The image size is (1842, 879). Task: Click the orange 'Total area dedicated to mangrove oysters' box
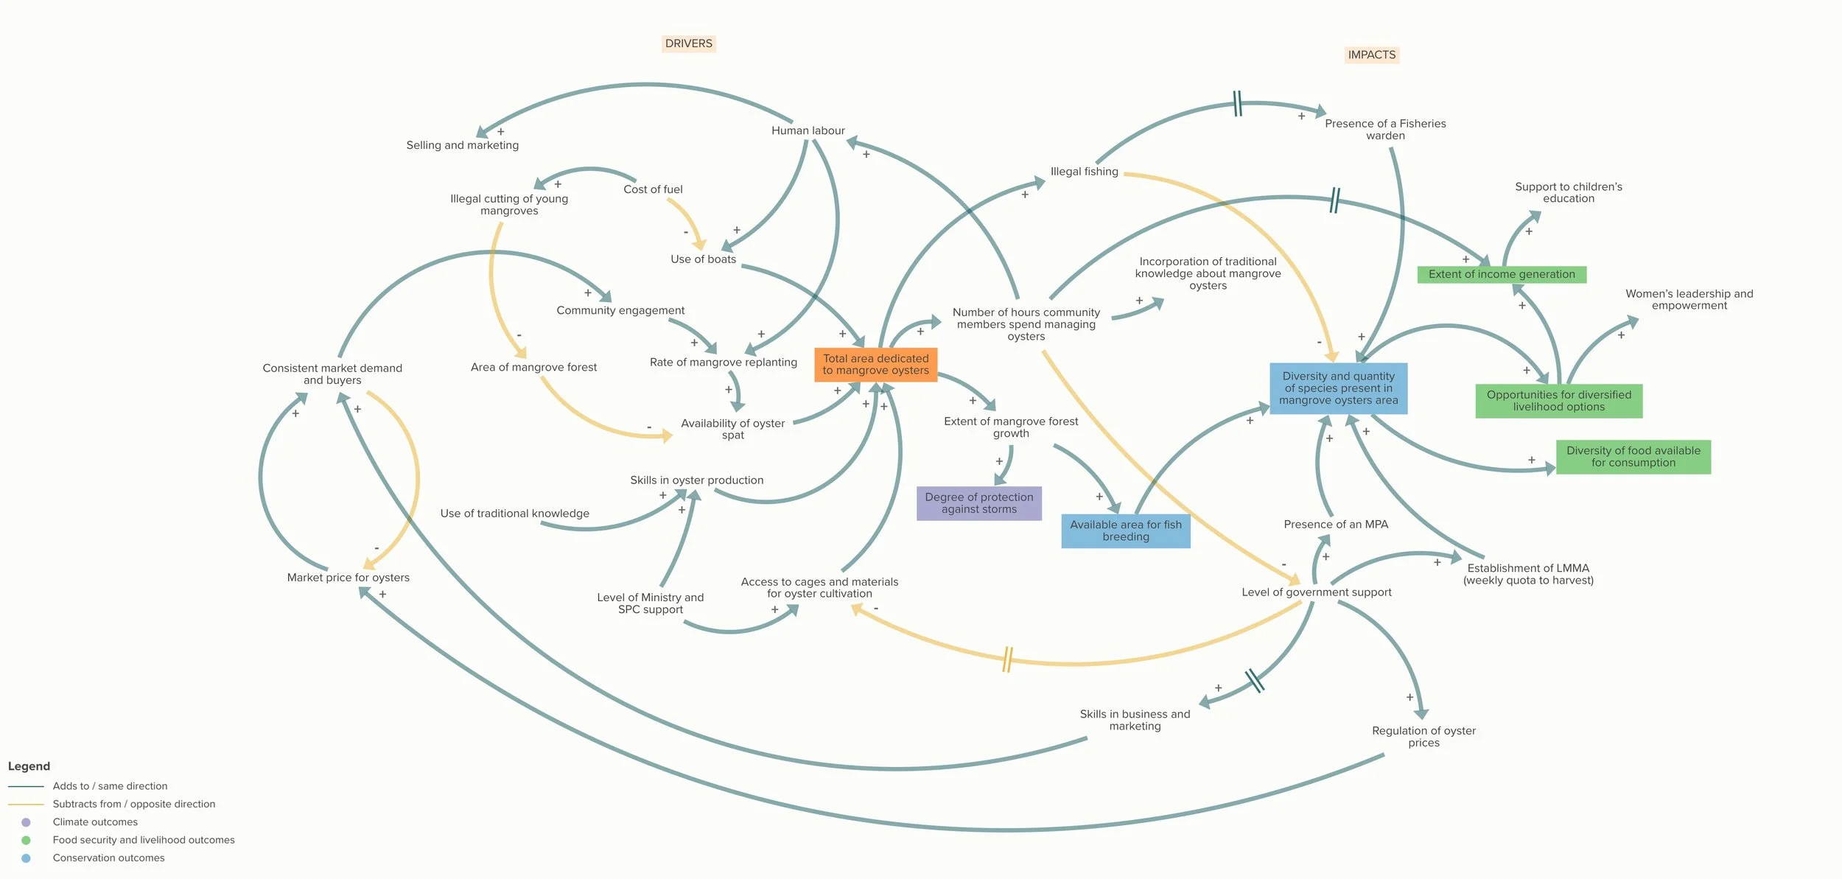click(x=875, y=365)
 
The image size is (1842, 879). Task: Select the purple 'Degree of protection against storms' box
click(x=978, y=503)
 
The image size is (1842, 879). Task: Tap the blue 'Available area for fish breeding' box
click(x=1125, y=530)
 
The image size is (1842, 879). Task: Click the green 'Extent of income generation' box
click(x=1501, y=274)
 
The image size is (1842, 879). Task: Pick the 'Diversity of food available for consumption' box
click(x=1633, y=457)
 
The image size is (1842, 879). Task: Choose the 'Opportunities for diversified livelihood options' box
click(x=1558, y=401)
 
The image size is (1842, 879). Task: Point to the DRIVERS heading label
click(x=688, y=43)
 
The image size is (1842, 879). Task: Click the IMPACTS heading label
click(x=1371, y=55)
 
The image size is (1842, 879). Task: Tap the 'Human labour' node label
click(x=808, y=130)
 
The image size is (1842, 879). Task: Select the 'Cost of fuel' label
click(x=653, y=189)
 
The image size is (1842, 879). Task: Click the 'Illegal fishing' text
click(x=1084, y=172)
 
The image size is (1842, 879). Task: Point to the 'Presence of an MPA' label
click(x=1335, y=525)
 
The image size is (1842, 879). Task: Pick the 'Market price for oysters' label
click(x=348, y=578)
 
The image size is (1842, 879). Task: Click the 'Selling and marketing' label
click(x=462, y=145)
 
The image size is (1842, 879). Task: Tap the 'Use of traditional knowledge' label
click(x=514, y=514)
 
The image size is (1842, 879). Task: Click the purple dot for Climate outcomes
click(x=26, y=822)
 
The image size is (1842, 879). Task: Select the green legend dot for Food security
click(x=26, y=840)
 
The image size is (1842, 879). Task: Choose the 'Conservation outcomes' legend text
click(x=108, y=858)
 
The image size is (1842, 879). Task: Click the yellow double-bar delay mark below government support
click(x=1007, y=659)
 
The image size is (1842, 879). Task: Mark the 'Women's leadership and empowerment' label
click(x=1689, y=300)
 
